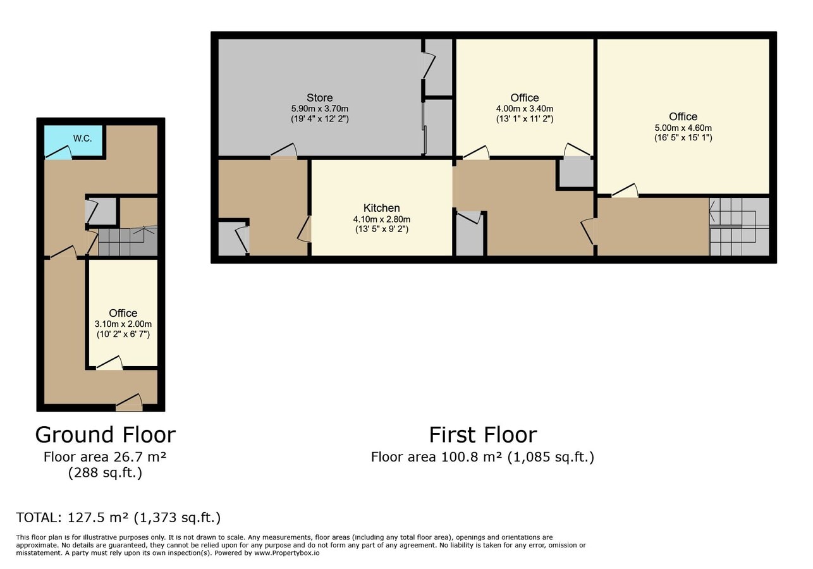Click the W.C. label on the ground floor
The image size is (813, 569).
pyautogui.click(x=82, y=138)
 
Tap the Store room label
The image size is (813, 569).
pyautogui.click(x=319, y=97)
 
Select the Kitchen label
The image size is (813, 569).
pyautogui.click(x=381, y=208)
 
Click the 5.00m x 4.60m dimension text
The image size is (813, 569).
pyautogui.click(x=683, y=128)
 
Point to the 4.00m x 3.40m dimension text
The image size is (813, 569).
pyautogui.click(x=524, y=109)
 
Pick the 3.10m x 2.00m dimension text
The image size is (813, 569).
pyautogui.click(x=123, y=324)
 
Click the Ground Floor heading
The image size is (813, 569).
pyautogui.click(x=105, y=435)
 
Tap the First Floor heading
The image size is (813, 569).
pyautogui.click(x=482, y=435)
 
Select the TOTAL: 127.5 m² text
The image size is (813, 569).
pyautogui.click(x=118, y=518)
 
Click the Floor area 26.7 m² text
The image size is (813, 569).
pyautogui.click(x=105, y=457)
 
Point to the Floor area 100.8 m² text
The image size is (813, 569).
pyautogui.click(x=482, y=457)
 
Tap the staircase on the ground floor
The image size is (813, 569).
pyautogui.click(x=126, y=241)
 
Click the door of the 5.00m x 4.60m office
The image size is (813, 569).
pyautogui.click(x=624, y=190)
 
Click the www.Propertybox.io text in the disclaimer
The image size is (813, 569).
pyautogui.click(x=286, y=553)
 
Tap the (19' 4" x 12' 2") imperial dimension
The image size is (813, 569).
pyautogui.click(x=319, y=119)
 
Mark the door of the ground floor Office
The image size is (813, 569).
pyautogui.click(x=109, y=363)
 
